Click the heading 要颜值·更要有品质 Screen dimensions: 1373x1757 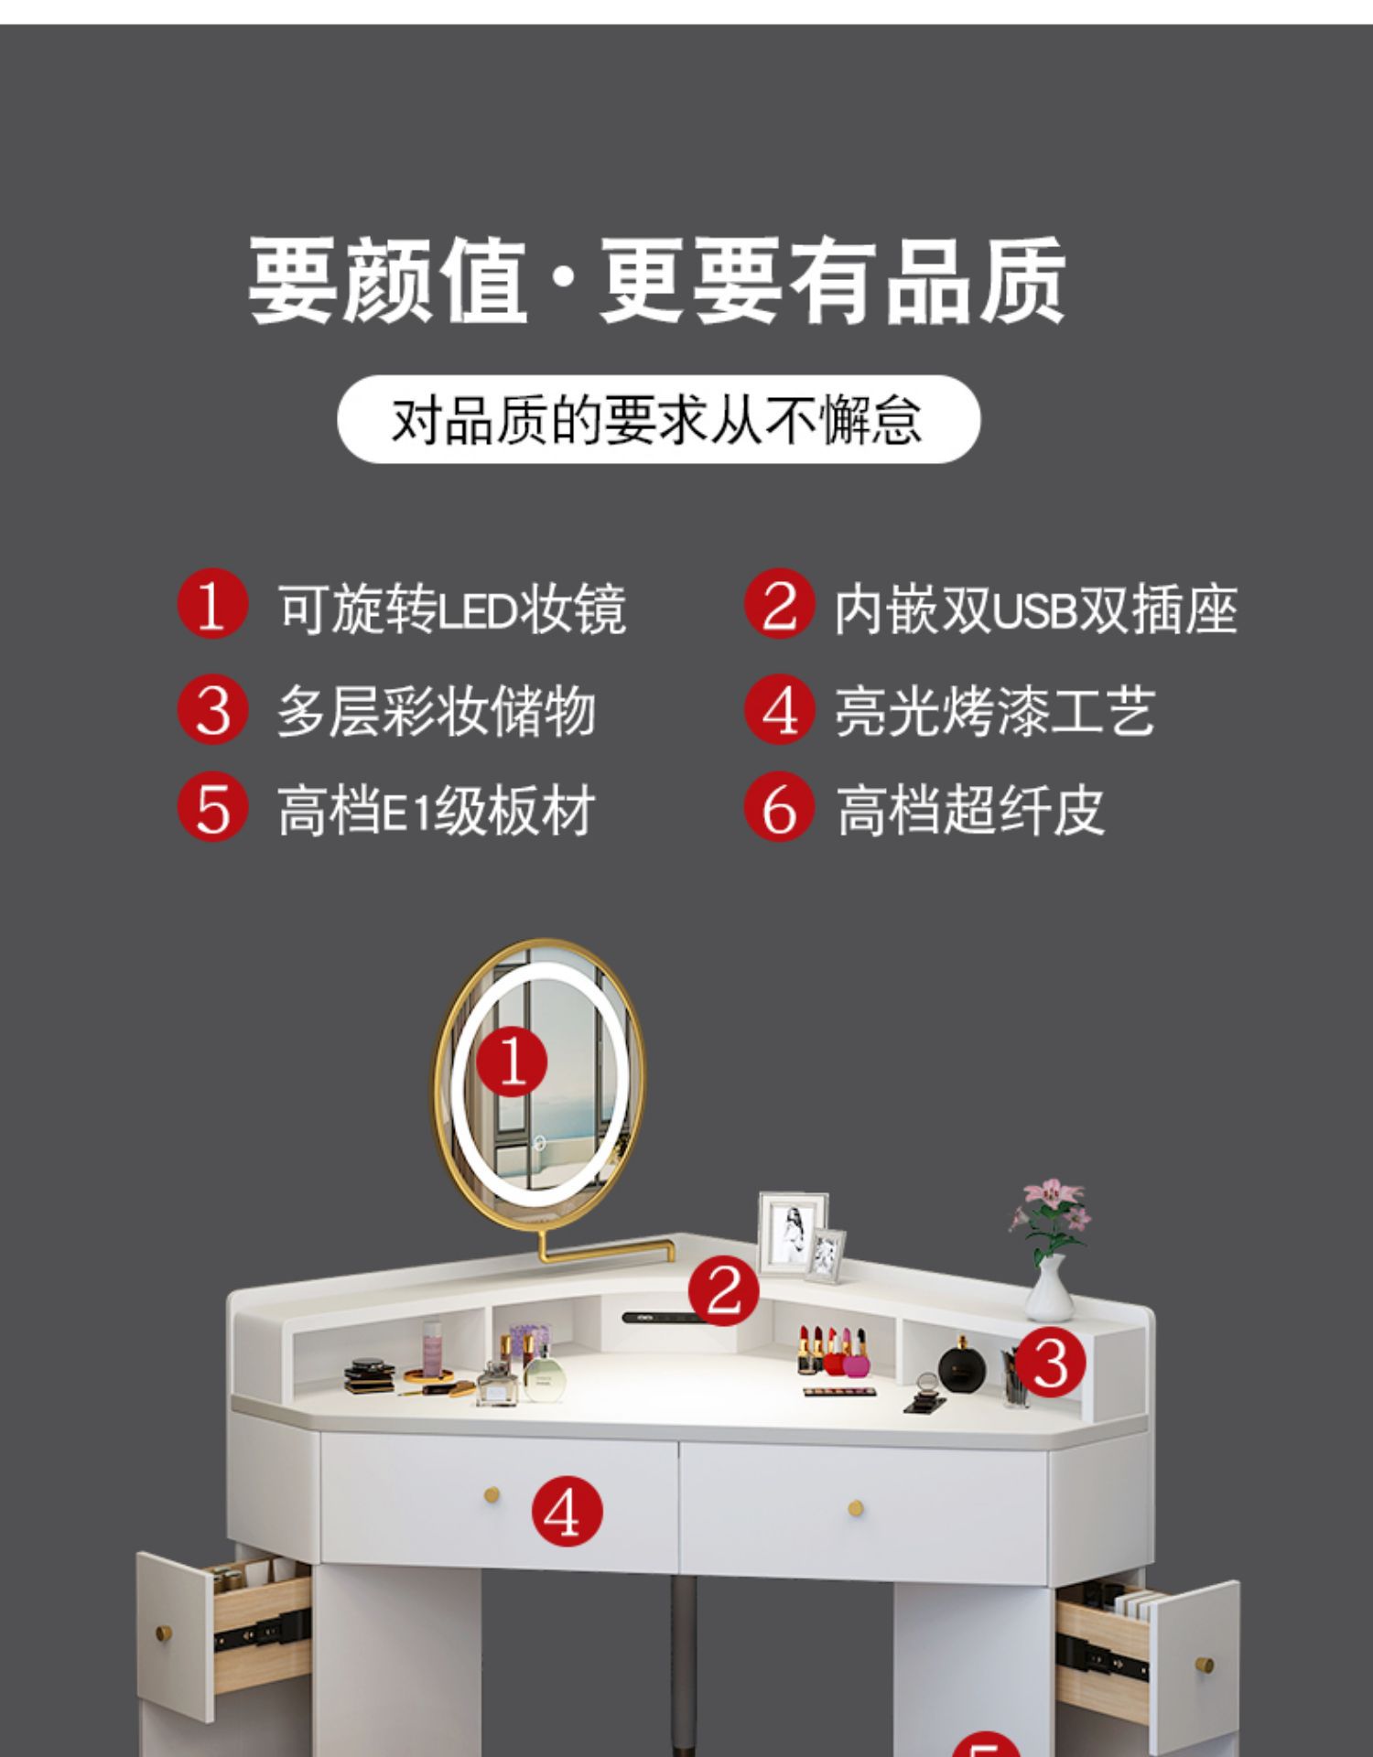pyautogui.click(x=657, y=280)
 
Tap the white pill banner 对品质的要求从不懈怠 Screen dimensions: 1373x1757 pyautogui.click(x=659, y=419)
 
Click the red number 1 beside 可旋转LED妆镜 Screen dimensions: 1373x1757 pyautogui.click(x=212, y=604)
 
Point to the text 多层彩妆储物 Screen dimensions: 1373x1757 pyautogui.click(x=437, y=711)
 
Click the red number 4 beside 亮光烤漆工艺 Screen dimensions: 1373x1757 pyautogui.click(x=779, y=709)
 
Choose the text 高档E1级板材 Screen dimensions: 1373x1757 pyautogui.click(x=437, y=811)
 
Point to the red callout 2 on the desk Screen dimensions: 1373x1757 pyautogui.click(x=724, y=1291)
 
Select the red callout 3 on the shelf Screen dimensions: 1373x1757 pyautogui.click(x=1051, y=1363)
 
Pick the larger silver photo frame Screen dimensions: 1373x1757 pyautogui.click(x=793, y=1232)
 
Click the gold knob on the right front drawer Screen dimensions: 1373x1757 pyautogui.click(x=856, y=1507)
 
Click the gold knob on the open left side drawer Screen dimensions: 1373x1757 pyautogui.click(x=166, y=1632)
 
